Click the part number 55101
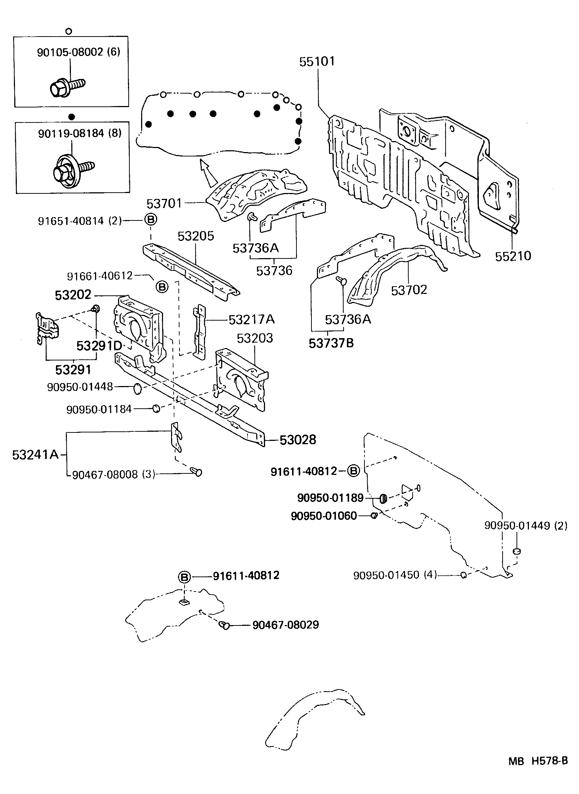317,61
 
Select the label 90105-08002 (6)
79,52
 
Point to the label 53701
164,203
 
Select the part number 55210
513,256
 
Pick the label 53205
196,236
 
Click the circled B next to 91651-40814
151,220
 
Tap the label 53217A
251,320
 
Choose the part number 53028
298,440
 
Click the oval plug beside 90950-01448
137,389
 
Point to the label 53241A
35,455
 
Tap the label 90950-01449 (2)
526,526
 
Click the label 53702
409,290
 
